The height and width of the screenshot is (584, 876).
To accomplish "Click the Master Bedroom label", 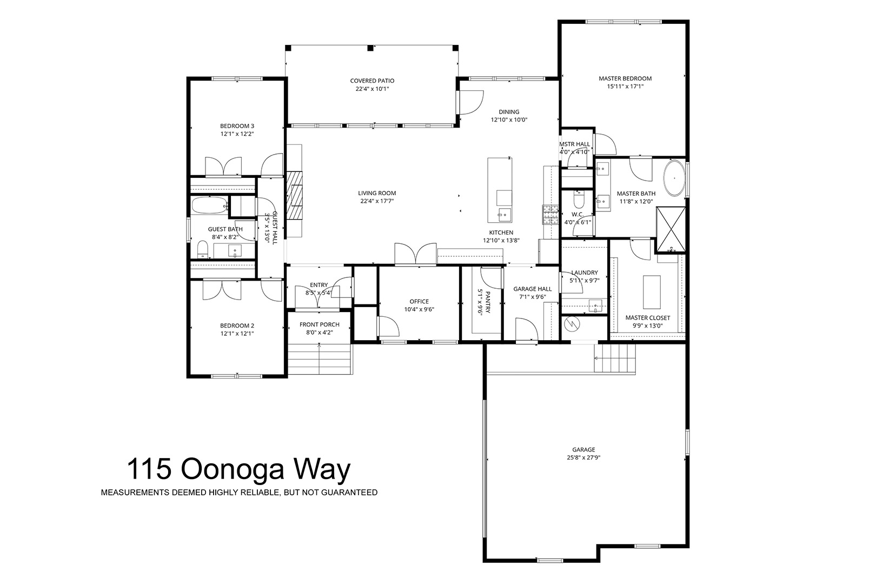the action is coord(625,78).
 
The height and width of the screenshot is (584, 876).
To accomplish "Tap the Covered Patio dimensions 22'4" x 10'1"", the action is coord(372,89).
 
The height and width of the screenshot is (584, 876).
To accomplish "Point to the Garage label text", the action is coord(583,450).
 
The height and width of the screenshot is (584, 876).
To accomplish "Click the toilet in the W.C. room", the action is coord(579,199).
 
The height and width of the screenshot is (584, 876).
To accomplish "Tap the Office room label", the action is coord(419,302).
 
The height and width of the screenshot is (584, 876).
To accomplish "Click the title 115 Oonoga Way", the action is coord(238,469).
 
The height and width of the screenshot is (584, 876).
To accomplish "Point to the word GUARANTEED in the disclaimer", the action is coord(349,493).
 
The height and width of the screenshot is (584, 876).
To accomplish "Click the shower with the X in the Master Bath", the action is coord(671,229).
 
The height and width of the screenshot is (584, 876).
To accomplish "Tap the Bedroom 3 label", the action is coord(237,126).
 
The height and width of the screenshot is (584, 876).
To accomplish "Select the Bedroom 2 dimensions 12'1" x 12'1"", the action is coord(237,334).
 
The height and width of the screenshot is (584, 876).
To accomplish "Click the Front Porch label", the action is coord(320,324).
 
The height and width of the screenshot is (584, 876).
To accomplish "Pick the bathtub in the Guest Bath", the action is coord(209,205).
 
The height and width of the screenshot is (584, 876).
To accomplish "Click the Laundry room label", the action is coord(585,273).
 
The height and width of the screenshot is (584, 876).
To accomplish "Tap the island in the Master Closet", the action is coord(652,292).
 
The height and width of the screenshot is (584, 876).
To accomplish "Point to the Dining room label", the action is coord(509,112).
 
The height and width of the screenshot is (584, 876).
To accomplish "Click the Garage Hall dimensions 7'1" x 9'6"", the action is coord(532,297).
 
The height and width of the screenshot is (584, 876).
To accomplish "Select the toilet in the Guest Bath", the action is coord(202,249).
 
